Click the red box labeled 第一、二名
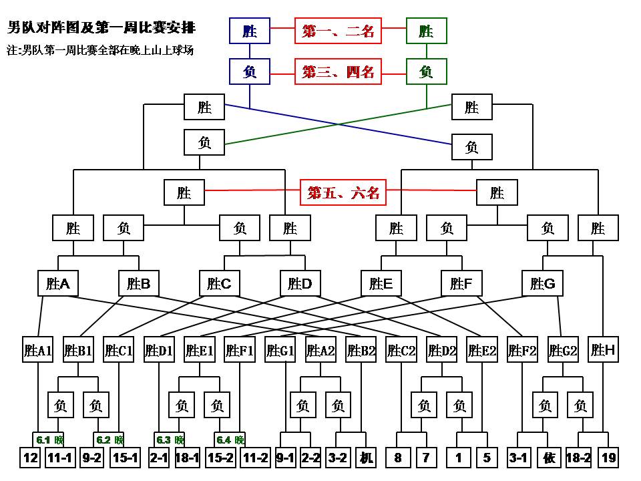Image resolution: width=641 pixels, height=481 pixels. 339,31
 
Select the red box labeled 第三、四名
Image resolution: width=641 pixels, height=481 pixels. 339,71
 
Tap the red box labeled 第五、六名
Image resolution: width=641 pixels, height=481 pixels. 343,193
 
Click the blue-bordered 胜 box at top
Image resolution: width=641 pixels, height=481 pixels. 250,31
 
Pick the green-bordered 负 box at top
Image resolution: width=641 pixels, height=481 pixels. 427,71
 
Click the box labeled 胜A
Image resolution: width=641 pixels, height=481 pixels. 58,284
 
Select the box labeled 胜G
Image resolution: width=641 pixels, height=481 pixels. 542,284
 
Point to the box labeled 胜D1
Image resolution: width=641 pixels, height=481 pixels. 159,350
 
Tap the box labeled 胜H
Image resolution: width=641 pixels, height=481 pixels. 603,350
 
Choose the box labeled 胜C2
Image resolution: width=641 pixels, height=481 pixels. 402,350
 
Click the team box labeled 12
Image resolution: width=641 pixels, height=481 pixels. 31,458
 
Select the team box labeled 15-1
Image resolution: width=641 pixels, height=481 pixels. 126,458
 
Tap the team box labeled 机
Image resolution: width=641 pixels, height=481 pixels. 366,458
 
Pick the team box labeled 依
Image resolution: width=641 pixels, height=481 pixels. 550,458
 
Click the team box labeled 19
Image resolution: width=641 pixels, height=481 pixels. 608,458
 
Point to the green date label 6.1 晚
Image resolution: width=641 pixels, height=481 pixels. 49,440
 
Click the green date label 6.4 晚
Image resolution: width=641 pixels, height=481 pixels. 230,440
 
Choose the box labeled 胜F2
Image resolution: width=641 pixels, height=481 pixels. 522,350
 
